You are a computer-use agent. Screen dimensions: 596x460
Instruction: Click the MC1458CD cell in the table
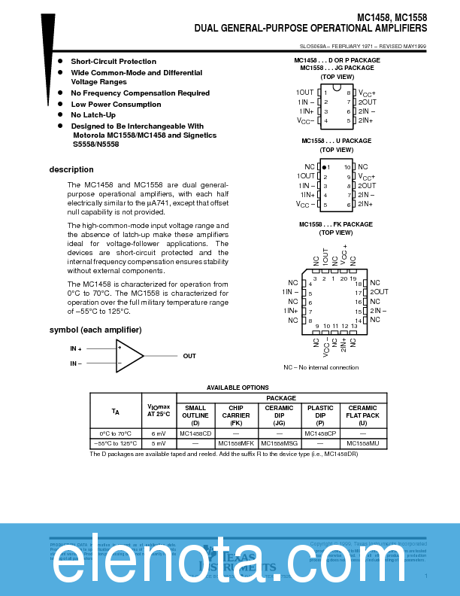[195, 433]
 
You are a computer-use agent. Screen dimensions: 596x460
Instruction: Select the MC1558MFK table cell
[236, 444]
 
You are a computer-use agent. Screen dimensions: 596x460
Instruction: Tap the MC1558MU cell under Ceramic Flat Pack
[363, 444]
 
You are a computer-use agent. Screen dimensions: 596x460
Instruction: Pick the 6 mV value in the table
[159, 433]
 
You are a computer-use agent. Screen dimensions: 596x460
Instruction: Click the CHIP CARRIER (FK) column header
[236, 415]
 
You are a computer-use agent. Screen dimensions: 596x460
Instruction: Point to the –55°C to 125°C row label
[115, 444]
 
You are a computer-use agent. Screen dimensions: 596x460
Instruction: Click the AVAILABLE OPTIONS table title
[238, 387]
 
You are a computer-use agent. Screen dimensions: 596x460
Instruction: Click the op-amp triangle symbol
[129, 356]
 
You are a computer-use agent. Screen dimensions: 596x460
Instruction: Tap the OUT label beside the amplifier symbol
[189, 356]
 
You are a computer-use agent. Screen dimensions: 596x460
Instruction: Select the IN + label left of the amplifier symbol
[76, 348]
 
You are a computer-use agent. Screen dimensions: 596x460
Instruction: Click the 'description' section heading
[71, 169]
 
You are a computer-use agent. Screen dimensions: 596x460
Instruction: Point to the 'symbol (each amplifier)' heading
[95, 330]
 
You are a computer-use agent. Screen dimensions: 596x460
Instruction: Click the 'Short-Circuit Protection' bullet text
[113, 61]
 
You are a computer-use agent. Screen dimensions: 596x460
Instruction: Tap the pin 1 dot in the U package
[324, 166]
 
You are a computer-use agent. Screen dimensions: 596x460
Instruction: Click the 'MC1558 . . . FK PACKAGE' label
[335, 224]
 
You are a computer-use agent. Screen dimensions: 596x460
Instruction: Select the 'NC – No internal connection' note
[321, 367]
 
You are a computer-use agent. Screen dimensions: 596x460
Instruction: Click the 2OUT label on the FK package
[379, 291]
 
